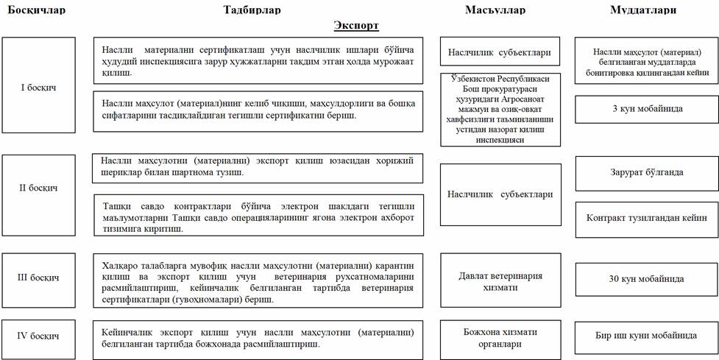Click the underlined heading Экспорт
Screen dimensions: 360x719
click(356, 26)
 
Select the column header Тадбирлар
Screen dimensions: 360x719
click(251, 10)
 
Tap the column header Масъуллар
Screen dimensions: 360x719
click(495, 10)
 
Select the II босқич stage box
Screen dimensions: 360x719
click(39, 188)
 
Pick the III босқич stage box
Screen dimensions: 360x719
click(39, 278)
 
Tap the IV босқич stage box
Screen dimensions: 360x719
click(39, 336)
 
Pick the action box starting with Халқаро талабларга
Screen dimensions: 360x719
click(258, 280)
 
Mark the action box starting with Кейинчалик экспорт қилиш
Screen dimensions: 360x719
click(258, 339)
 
